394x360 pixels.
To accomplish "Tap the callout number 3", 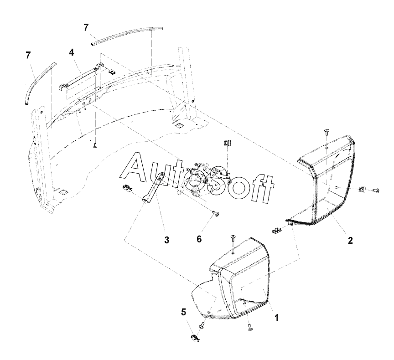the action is (x=166, y=240).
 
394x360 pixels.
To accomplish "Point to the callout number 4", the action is (x=72, y=52).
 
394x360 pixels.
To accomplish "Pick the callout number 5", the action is (x=184, y=312).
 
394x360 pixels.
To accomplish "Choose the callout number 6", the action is (x=199, y=239).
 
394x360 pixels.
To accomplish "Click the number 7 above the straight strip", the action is (x=87, y=27).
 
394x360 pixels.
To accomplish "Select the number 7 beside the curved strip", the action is (x=28, y=55).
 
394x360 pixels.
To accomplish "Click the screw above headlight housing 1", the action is (x=233, y=238).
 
